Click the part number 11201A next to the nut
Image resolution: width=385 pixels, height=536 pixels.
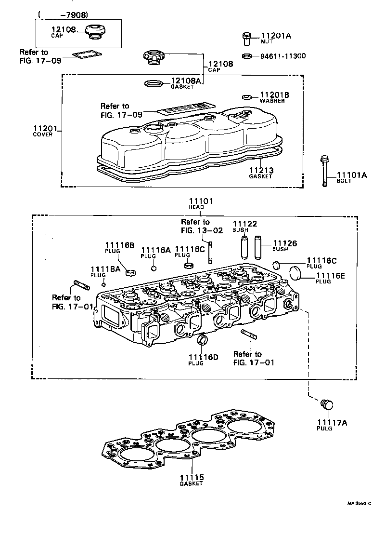[x=276, y=36]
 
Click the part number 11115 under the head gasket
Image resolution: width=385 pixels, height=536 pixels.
[x=192, y=477]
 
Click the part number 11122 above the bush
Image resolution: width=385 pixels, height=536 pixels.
[x=245, y=224]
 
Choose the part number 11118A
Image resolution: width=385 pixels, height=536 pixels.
[x=105, y=269]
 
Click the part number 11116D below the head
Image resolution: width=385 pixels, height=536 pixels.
[x=203, y=357]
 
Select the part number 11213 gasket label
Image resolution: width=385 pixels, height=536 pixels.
[x=261, y=170]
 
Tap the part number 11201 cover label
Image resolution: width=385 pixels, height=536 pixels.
[x=45, y=128]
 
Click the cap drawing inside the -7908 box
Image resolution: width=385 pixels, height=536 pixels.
[x=93, y=31]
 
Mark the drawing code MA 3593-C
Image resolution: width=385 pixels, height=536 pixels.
[x=359, y=503]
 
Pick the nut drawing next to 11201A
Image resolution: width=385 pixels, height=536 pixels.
[x=246, y=38]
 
